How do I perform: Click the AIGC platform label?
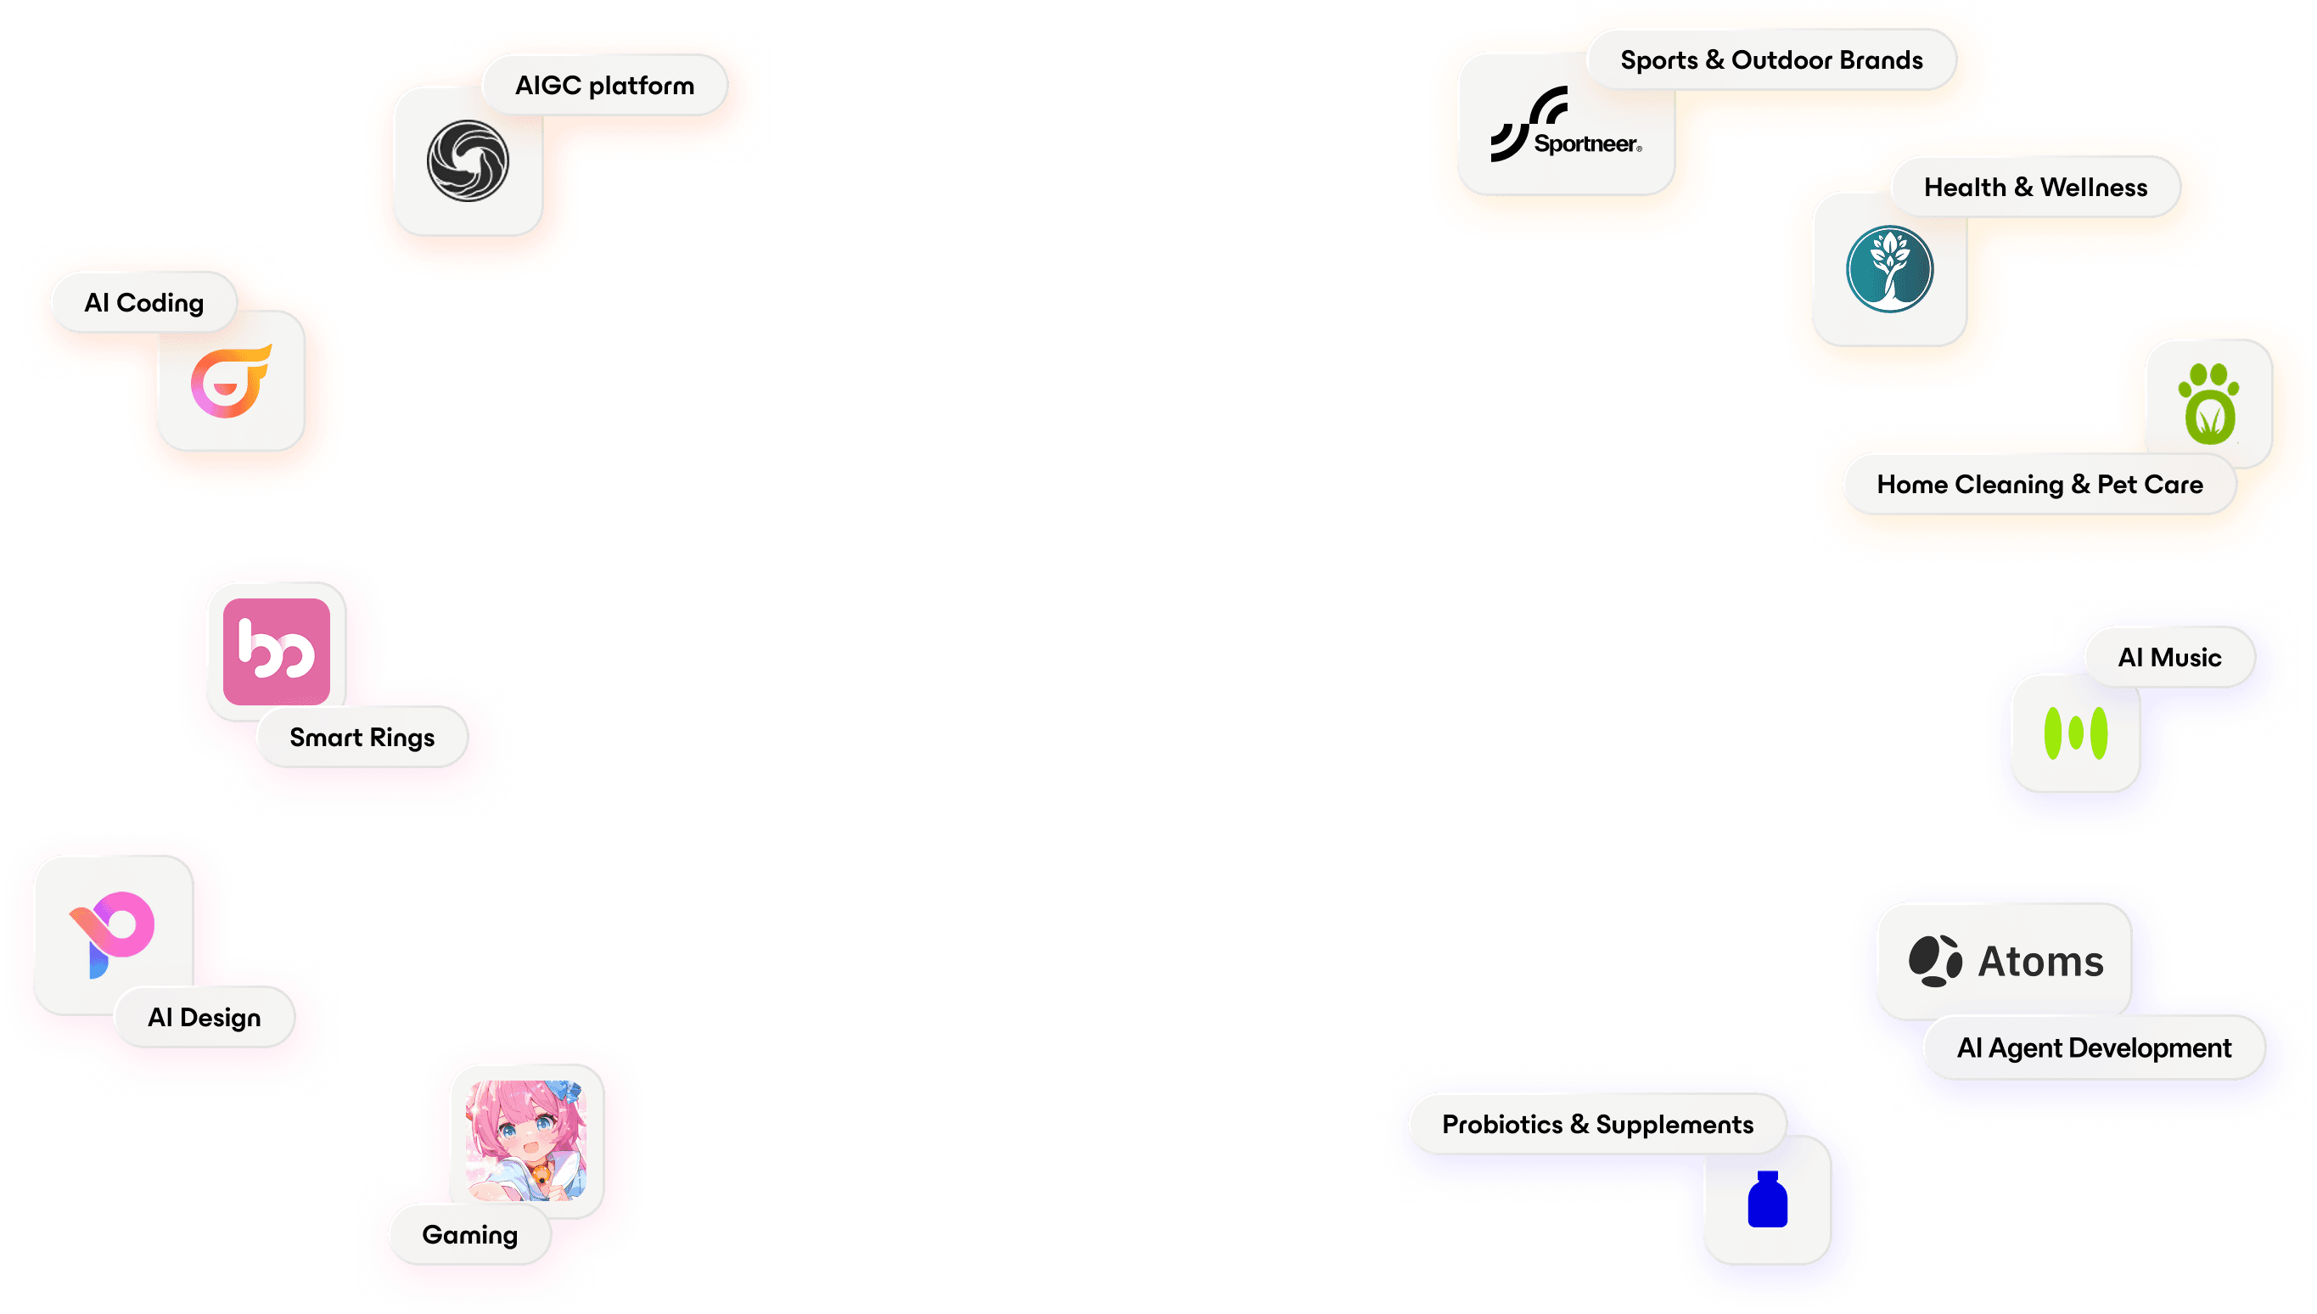point(604,85)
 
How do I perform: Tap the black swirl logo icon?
point(468,160)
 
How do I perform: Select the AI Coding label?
point(144,302)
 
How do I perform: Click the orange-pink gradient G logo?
point(231,381)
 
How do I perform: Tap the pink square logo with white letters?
point(276,651)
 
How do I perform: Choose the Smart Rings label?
point(362,738)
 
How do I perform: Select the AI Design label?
point(204,1017)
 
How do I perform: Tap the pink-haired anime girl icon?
point(526,1140)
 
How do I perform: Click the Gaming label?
point(470,1233)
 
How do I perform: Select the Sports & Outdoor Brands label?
point(1771,59)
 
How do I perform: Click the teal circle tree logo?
point(1889,269)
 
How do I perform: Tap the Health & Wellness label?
point(2035,187)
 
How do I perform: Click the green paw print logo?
point(2208,403)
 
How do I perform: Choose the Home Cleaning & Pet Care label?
point(2040,485)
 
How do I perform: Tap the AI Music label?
point(2169,657)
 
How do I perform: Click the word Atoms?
point(2041,961)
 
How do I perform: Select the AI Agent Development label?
point(2093,1047)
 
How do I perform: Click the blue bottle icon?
point(1768,1199)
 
